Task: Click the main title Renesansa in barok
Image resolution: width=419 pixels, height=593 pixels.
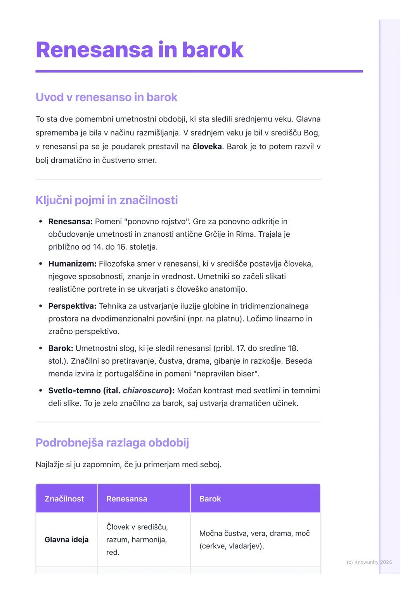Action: click(x=139, y=50)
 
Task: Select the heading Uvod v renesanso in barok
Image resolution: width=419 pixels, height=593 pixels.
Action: click(x=106, y=97)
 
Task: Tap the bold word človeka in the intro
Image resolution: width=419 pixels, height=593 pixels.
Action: click(x=207, y=147)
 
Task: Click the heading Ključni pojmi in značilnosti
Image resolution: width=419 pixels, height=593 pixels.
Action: click(x=106, y=200)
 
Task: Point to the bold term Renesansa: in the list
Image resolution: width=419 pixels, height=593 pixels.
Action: click(x=70, y=222)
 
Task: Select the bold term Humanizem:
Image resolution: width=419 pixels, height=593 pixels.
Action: click(x=72, y=264)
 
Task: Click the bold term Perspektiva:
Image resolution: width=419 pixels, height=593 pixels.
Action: click(x=72, y=306)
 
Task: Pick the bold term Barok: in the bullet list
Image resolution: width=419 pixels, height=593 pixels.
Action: click(x=61, y=349)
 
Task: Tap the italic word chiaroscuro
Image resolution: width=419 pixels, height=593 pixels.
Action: click(x=146, y=391)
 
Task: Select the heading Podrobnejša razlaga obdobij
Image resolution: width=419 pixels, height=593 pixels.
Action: click(x=112, y=443)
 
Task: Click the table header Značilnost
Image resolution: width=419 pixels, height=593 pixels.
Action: click(x=64, y=499)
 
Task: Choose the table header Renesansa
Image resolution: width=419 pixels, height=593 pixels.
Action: click(x=126, y=499)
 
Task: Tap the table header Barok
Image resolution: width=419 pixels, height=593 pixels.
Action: click(x=210, y=499)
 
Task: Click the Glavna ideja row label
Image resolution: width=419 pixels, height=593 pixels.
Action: click(x=66, y=540)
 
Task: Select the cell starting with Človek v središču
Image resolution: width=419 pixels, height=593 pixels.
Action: click(x=137, y=539)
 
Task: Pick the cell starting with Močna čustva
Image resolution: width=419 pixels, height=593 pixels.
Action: click(x=254, y=539)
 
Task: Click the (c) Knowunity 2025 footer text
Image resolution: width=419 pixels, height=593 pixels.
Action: click(x=369, y=562)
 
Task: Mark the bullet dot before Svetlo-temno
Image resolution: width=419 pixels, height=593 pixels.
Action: click(x=41, y=391)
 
